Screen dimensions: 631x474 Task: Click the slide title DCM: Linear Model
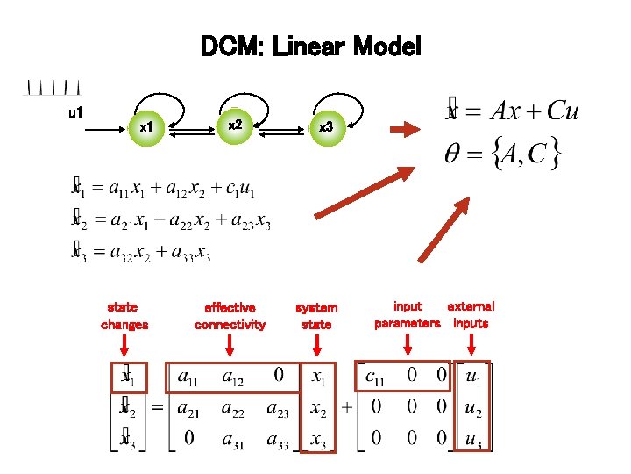pyautogui.click(x=311, y=46)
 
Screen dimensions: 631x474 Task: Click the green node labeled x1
pyautogui.click(x=147, y=128)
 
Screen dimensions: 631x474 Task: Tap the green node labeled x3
pyautogui.click(x=326, y=128)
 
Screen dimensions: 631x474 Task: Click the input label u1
pyautogui.click(x=75, y=112)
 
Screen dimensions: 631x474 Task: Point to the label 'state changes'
pyautogui.click(x=124, y=316)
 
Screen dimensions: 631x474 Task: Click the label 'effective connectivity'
pyautogui.click(x=230, y=316)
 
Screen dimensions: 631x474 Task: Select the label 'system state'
pyautogui.click(x=316, y=316)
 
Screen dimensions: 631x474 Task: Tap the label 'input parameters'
pyautogui.click(x=408, y=315)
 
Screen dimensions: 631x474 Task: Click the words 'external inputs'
pyautogui.click(x=471, y=315)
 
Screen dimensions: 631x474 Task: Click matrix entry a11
pyautogui.click(x=187, y=377)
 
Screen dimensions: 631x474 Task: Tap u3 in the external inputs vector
pyautogui.click(x=473, y=441)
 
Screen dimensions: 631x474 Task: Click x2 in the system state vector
pyautogui.click(x=317, y=409)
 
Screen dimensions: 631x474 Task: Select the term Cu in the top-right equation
pyautogui.click(x=561, y=111)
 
